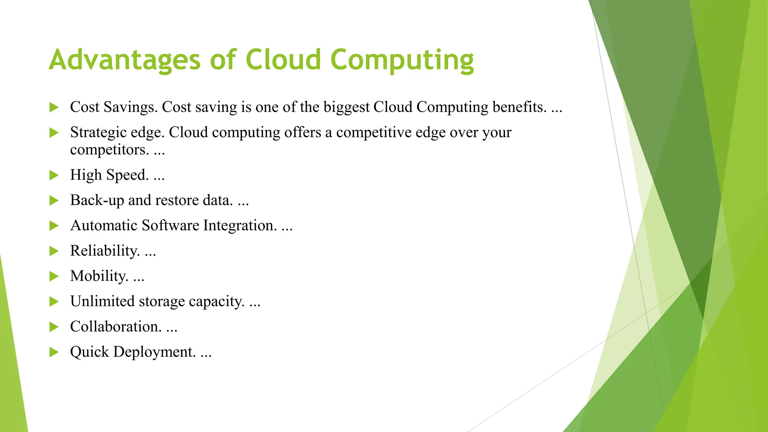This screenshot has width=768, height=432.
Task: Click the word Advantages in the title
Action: coord(125,60)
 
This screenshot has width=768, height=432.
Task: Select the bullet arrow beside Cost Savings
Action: coord(54,108)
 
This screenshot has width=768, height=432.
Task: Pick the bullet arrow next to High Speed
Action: coord(54,175)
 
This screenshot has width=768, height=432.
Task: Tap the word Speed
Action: coord(127,175)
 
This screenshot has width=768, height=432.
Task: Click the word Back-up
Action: coord(97,201)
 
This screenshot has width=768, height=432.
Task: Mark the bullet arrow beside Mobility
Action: coord(54,277)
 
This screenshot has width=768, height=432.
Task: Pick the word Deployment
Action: coord(154,352)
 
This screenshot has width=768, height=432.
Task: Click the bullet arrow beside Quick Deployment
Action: coord(54,352)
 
